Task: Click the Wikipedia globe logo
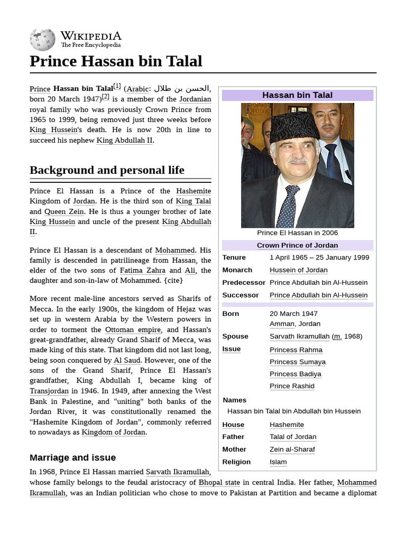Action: (42, 39)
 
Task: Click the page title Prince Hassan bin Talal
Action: (116, 61)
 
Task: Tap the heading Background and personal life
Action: (107, 170)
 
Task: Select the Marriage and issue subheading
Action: (72, 458)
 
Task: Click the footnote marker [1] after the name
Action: (117, 87)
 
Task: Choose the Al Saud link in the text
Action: (127, 360)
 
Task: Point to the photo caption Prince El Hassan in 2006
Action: (297, 233)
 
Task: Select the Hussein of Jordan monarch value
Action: (298, 270)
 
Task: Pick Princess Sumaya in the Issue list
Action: (297, 362)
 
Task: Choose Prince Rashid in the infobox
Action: (292, 386)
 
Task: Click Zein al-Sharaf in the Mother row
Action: (292, 450)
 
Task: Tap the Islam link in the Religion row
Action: (278, 462)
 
